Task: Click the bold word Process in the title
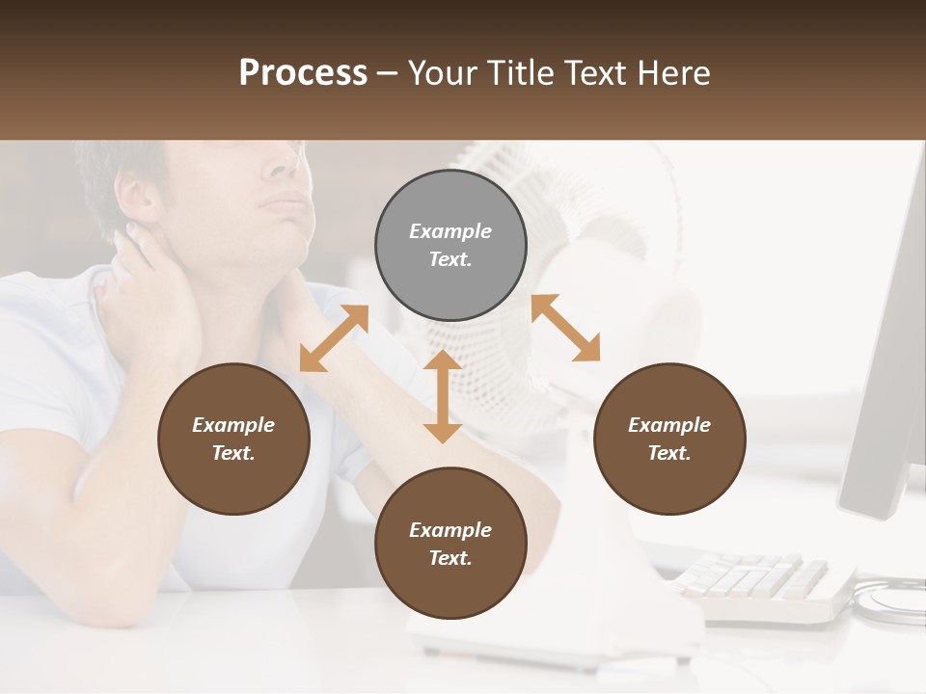303,73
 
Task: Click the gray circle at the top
450,246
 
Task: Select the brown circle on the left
233,439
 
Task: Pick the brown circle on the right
669,439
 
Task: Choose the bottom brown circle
450,544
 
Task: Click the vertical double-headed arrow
443,397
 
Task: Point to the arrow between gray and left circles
334,338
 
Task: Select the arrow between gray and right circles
566,328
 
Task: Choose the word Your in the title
439,73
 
